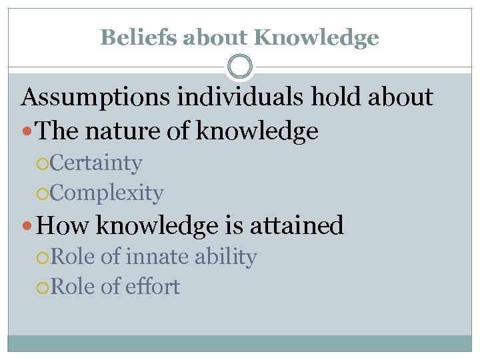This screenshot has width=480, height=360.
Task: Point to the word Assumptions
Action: tap(93, 99)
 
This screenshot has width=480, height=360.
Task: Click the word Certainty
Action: tap(95, 163)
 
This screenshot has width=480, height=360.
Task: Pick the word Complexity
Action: tap(106, 193)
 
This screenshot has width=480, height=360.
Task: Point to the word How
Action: tap(63, 225)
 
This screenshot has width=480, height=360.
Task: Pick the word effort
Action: tap(153, 287)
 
